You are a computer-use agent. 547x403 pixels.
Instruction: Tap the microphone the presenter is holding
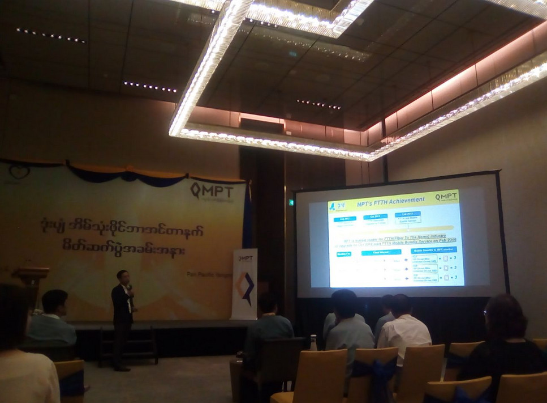[129, 287]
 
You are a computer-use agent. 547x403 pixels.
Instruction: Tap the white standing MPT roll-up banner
[244, 283]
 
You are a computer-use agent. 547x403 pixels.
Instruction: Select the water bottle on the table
[313, 343]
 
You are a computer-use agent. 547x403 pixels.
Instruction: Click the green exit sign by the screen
[292, 202]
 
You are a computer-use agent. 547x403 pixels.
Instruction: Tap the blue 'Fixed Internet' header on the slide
[385, 252]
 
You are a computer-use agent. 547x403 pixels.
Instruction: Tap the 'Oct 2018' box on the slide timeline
[376, 217]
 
